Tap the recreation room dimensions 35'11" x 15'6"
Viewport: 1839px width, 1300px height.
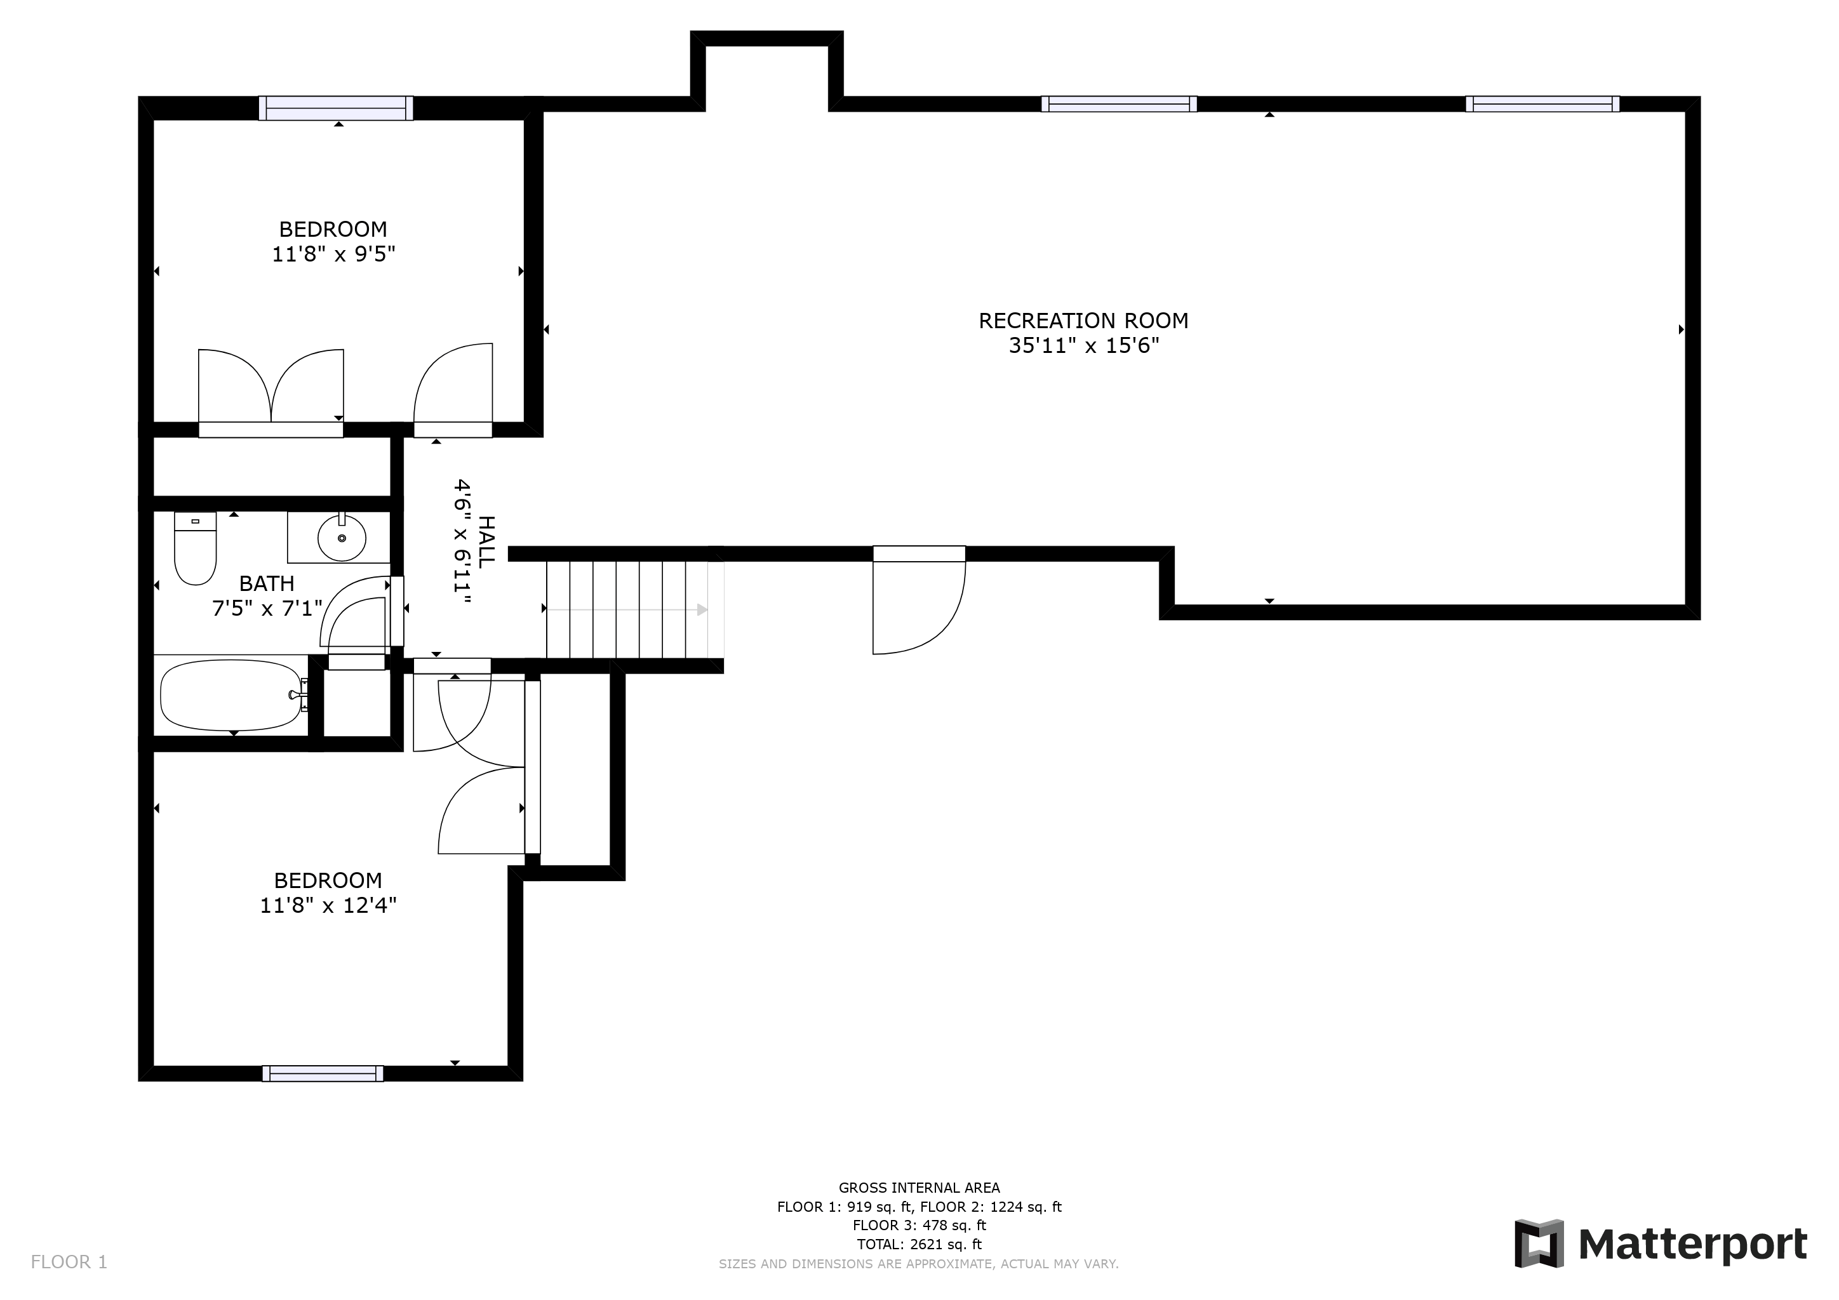pos(1084,346)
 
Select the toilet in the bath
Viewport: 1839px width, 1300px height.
pos(196,548)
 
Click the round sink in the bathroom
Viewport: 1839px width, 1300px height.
pos(342,538)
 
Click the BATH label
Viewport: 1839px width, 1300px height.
pos(267,583)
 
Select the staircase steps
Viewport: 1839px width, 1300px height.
pos(635,609)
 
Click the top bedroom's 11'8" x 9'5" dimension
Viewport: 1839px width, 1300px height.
pos(334,255)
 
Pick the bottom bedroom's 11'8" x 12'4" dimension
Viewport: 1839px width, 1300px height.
pos(328,905)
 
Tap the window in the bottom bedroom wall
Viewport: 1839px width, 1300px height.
pos(323,1073)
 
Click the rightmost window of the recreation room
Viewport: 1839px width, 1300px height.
pos(1542,104)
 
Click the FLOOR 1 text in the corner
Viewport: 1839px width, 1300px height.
pos(69,1263)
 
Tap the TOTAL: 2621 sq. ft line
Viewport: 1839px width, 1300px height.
pos(919,1244)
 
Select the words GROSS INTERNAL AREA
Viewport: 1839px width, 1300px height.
pos(919,1188)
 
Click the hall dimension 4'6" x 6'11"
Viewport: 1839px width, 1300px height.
pos(462,536)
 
